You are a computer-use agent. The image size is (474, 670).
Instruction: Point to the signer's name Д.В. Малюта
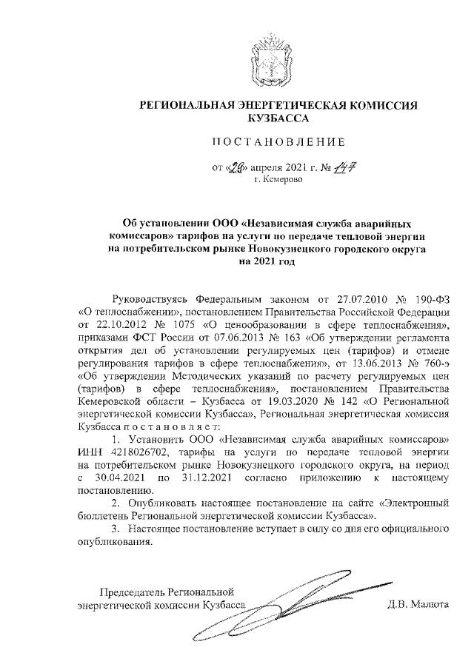coord(418,604)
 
